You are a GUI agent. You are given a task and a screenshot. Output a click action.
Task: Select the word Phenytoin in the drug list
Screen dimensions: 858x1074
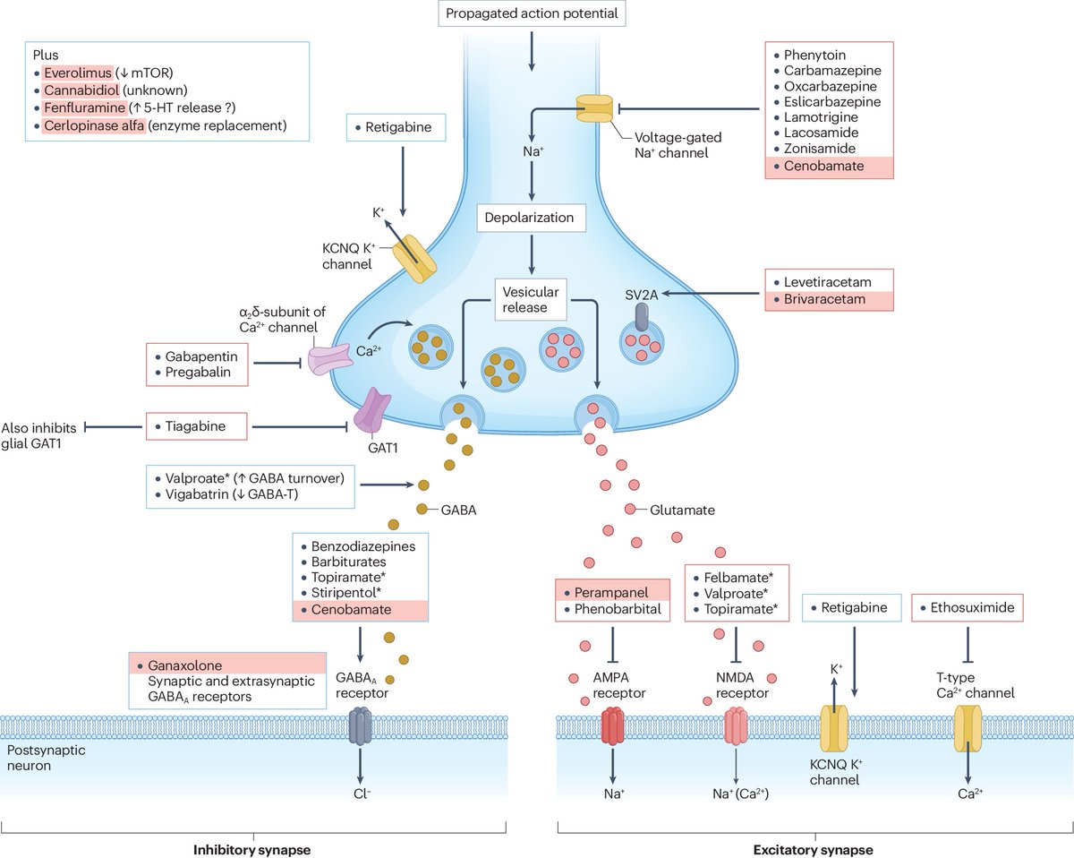[x=815, y=56]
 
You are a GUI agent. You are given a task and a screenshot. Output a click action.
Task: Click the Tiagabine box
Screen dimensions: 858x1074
[x=196, y=428]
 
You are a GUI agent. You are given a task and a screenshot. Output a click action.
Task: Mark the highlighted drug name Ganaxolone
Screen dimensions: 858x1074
[x=186, y=665]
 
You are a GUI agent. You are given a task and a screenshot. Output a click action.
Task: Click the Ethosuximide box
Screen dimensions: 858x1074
[x=967, y=608]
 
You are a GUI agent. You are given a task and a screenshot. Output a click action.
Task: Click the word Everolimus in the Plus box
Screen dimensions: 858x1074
[x=78, y=73]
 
